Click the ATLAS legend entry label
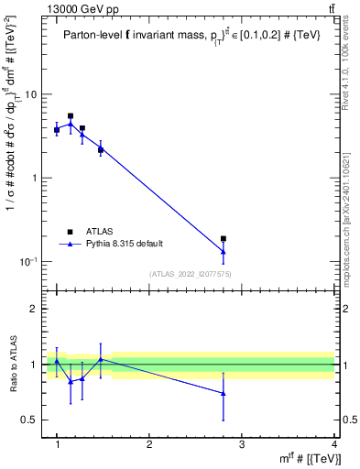(x=99, y=232)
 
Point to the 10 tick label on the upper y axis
(x=30, y=94)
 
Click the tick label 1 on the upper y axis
(x=34, y=178)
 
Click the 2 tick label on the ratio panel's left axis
(x=34, y=309)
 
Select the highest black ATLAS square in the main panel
(x=71, y=116)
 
